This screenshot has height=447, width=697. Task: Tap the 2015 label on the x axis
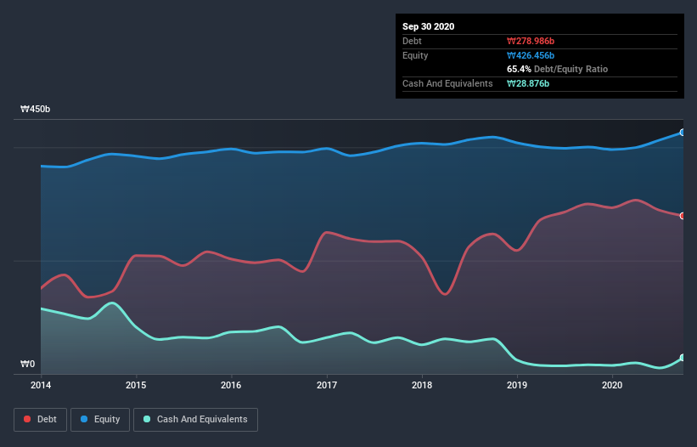coord(135,385)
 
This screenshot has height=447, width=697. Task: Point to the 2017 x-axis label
coord(326,385)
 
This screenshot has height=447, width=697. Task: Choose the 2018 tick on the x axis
coord(422,385)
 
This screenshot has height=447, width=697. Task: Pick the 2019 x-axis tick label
coord(517,385)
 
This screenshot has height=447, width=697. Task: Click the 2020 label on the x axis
coord(613,385)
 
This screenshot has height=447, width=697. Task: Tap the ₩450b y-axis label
coord(36,110)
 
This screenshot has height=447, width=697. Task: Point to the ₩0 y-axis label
coord(28,365)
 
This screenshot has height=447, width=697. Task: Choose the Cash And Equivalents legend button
coord(195,419)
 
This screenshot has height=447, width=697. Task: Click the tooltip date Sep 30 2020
coord(428,26)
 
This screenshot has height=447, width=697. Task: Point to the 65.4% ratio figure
coord(520,69)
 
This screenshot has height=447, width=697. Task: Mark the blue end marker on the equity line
coord(683,133)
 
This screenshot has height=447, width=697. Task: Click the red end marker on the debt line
coord(683,216)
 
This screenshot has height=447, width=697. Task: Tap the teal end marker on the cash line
coord(683,358)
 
